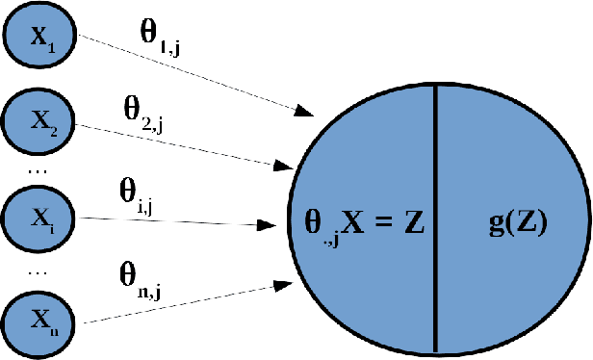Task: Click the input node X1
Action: pyautogui.click(x=39, y=39)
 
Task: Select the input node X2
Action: pyautogui.click(x=39, y=122)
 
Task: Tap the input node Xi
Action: pyautogui.click(x=39, y=219)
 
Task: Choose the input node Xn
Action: pyautogui.click(x=39, y=316)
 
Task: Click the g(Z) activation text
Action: pyautogui.click(x=517, y=224)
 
